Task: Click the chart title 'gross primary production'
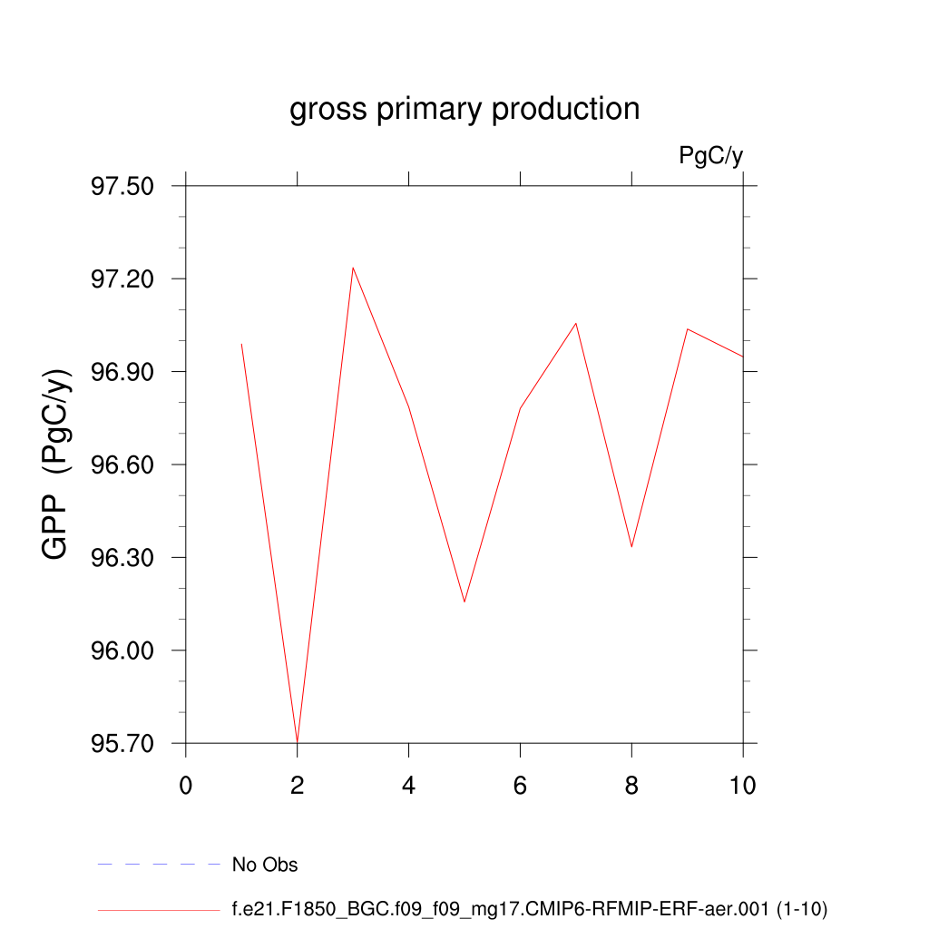(464, 110)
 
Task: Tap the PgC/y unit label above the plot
(711, 156)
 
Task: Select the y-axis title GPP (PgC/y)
(56, 464)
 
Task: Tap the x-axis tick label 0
(186, 786)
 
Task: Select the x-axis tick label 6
(520, 786)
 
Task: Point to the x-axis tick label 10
(743, 786)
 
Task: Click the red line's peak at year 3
(353, 268)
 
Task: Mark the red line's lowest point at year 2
(298, 741)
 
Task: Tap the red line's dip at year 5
(464, 601)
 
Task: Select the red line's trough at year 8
(631, 546)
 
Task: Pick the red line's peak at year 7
(575, 324)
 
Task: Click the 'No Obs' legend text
(265, 865)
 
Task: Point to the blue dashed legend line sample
(159, 865)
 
